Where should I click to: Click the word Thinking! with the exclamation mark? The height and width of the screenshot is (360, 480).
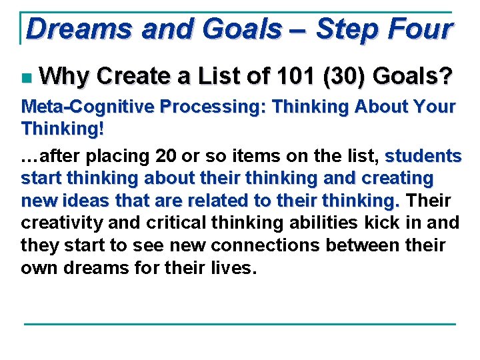(63, 129)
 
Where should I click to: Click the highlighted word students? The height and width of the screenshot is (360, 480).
(423, 157)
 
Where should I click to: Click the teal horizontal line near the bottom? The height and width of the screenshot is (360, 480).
(240, 324)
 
